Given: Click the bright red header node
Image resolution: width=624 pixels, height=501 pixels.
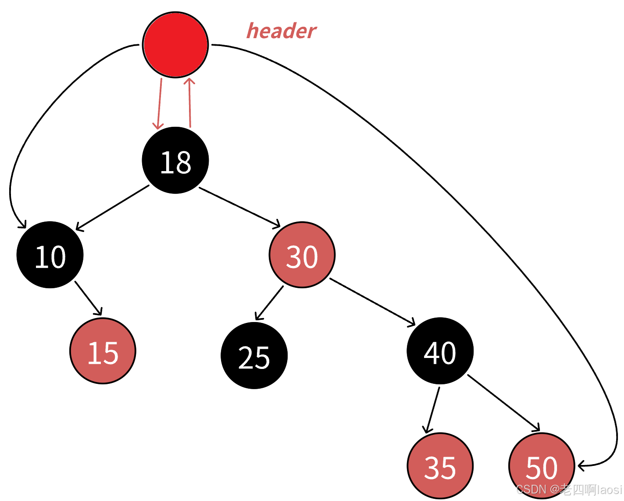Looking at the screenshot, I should point(175,45).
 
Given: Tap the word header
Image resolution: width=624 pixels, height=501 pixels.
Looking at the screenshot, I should point(281,31).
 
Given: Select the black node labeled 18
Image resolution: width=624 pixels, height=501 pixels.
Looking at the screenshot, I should point(175,161).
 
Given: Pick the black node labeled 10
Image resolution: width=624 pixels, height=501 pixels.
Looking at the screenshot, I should point(50,255).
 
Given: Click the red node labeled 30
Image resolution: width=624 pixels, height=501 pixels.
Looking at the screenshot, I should point(302,255).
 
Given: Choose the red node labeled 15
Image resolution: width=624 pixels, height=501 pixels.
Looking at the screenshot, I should point(103,351).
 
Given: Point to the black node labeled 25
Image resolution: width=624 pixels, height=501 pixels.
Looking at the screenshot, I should point(254,356).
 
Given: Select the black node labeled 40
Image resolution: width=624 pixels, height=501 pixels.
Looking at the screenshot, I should point(440,351).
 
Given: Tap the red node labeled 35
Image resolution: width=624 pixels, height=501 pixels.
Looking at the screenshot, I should point(440,466).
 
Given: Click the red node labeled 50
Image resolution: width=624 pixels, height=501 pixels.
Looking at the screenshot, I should point(542,466).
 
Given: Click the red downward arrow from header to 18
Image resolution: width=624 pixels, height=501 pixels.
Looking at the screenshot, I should point(160,104).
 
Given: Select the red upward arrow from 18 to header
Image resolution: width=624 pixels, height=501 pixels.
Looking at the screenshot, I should point(190,103).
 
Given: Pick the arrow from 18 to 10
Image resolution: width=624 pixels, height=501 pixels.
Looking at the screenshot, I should point(113,207).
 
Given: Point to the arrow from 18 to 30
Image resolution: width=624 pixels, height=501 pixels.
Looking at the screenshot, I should point(239,207).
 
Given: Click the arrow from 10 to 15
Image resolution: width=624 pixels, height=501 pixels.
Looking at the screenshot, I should point(89,298).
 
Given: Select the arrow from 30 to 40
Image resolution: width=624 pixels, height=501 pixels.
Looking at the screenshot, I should point(372,302).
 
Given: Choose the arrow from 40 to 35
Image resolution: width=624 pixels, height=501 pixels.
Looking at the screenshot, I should point(433,410).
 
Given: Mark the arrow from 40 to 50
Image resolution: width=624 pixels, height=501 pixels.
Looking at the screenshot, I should point(503,403).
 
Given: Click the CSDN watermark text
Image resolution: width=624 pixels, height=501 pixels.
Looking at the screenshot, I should point(569,490).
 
